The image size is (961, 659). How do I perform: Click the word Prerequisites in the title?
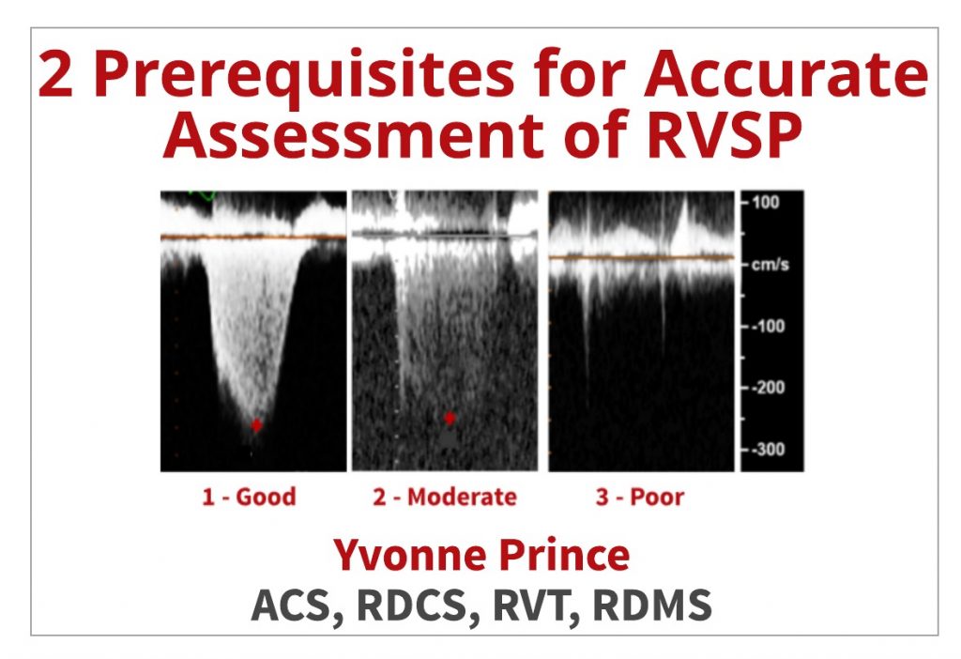pyautogui.click(x=303, y=75)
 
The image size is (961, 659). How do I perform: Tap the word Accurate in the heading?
pyautogui.click(x=786, y=73)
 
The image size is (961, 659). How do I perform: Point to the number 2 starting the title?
pyautogui.click(x=55, y=73)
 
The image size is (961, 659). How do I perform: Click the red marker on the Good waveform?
pyautogui.click(x=256, y=425)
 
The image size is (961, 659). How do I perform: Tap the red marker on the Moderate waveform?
pyautogui.click(x=450, y=418)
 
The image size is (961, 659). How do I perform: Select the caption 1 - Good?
pyautogui.click(x=249, y=497)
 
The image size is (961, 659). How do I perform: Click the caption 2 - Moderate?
pyautogui.click(x=444, y=497)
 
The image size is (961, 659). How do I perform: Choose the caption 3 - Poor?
pyautogui.click(x=640, y=497)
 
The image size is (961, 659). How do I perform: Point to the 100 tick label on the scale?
pyautogui.click(x=766, y=202)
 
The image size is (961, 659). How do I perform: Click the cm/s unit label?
pyautogui.click(x=770, y=265)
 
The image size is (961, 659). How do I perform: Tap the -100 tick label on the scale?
pyautogui.click(x=768, y=326)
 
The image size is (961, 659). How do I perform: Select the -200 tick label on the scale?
pyautogui.click(x=768, y=388)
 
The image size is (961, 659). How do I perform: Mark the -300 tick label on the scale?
pyautogui.click(x=768, y=450)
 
